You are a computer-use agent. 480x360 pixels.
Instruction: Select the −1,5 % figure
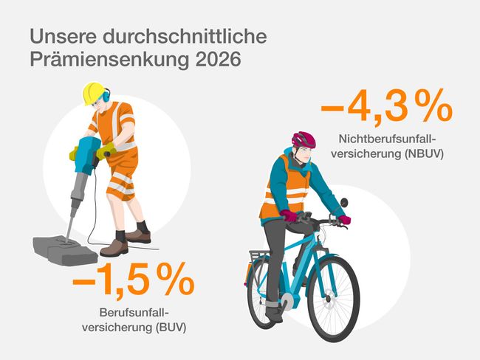(x=134, y=282)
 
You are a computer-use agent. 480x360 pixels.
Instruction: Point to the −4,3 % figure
(x=386, y=108)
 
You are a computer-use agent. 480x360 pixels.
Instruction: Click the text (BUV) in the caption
(x=168, y=326)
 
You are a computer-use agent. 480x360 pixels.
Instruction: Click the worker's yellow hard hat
(x=93, y=92)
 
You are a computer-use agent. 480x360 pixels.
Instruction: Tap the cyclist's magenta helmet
(x=304, y=139)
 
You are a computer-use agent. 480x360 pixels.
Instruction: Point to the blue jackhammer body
(x=86, y=155)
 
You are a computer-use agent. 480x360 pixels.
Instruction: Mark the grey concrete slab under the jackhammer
(x=65, y=249)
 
